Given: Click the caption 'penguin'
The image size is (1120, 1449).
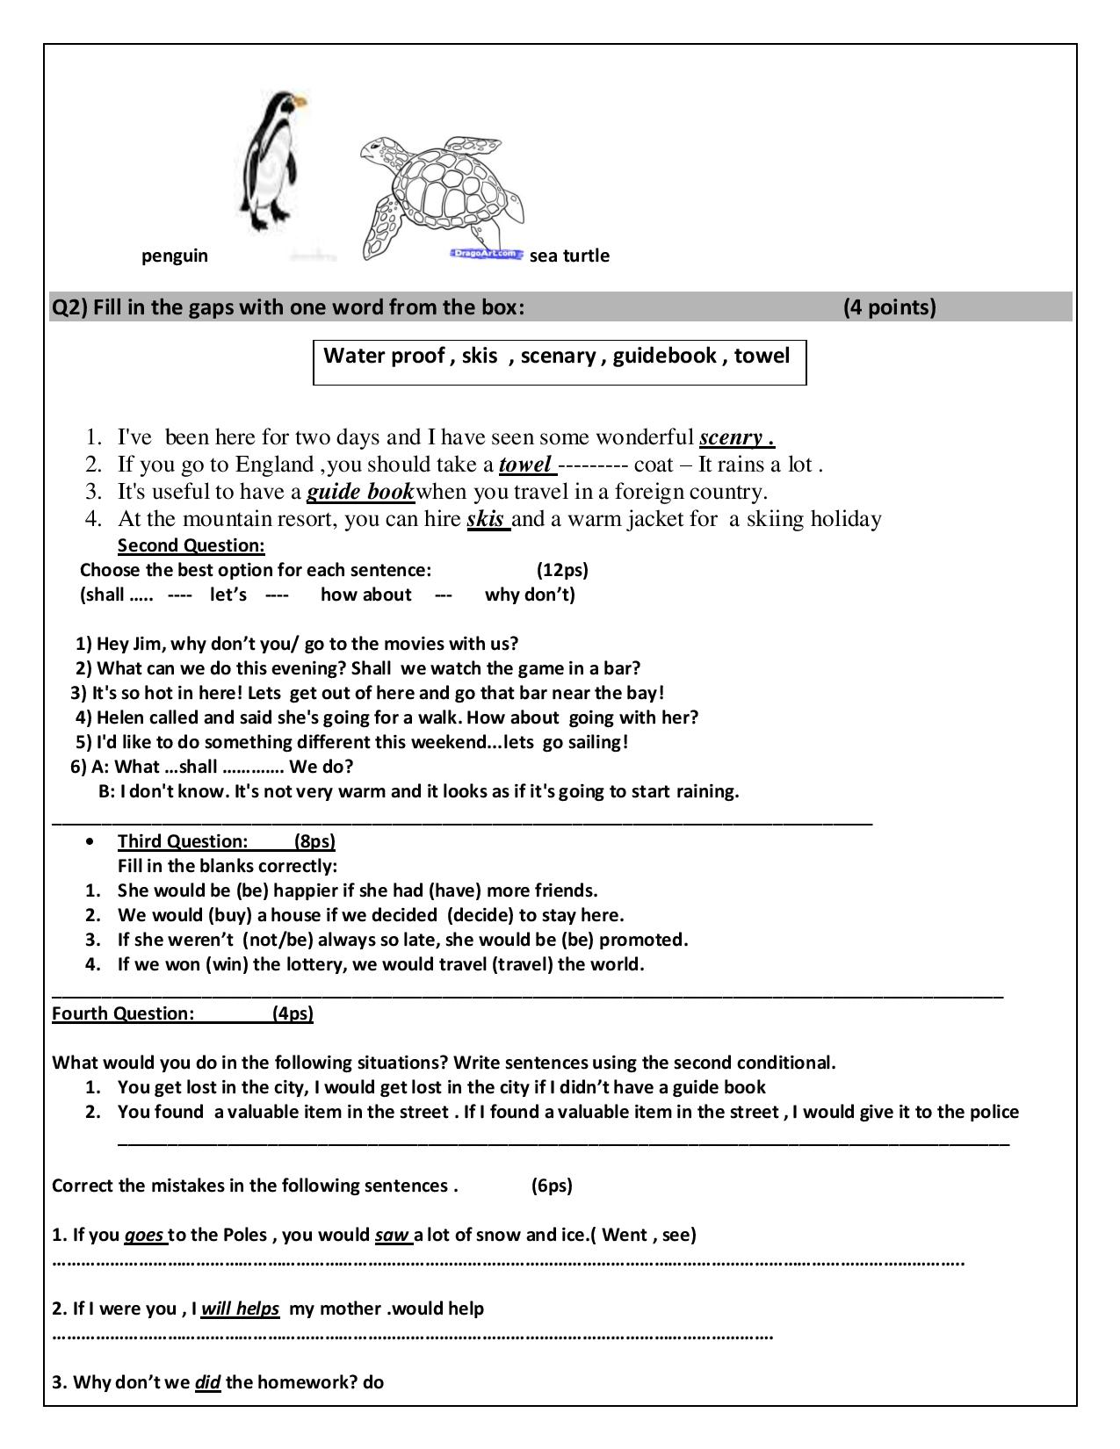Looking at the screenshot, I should point(175,256).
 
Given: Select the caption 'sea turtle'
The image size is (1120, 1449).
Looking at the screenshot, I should point(569,256).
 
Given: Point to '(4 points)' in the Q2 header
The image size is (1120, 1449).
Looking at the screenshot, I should point(889,307).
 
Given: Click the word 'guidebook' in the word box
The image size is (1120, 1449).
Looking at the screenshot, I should point(665,356).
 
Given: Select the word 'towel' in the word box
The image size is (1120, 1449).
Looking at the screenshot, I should point(762,356).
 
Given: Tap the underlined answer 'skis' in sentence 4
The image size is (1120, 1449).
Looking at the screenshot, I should point(485,519).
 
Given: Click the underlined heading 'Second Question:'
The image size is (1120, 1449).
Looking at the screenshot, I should point(191,545).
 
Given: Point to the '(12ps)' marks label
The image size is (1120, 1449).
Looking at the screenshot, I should point(562,570).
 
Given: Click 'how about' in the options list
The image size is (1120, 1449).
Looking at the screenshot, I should point(365,595).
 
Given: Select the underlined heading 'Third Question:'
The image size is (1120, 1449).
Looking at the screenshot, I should point(183,841).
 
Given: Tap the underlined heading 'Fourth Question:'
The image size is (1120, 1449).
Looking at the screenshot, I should point(123,1013).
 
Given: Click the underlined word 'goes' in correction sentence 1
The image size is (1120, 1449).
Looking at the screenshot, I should point(143,1235).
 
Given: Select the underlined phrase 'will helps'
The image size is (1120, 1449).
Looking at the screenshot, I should point(240,1308).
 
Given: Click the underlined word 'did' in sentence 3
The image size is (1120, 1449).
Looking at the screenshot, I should point(207,1382).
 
